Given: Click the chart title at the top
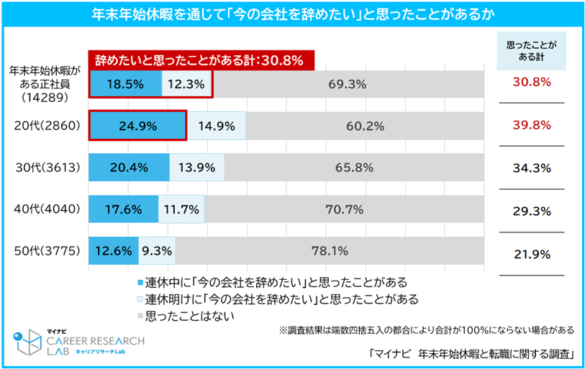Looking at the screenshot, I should (292, 14).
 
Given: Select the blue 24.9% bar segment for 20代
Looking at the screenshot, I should (137, 125).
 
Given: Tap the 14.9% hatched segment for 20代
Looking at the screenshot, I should (216, 125).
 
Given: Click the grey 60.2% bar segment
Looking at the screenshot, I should (364, 125).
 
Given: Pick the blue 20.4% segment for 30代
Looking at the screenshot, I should (129, 168).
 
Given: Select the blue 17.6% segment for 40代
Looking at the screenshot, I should (123, 209).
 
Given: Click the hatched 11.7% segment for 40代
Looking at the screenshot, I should (181, 209).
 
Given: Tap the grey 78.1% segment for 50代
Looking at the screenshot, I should (329, 251).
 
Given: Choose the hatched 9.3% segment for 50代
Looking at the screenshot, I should (156, 251).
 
